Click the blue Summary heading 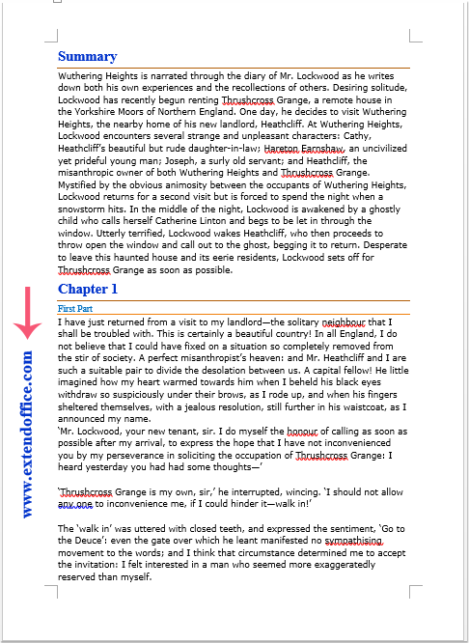point(87,56)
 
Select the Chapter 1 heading point(87,289)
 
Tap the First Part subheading point(77,308)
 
